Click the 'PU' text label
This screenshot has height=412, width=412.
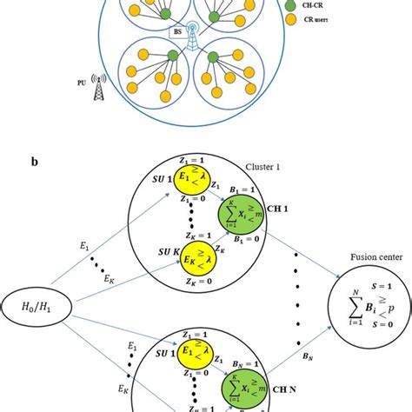coord(79,84)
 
